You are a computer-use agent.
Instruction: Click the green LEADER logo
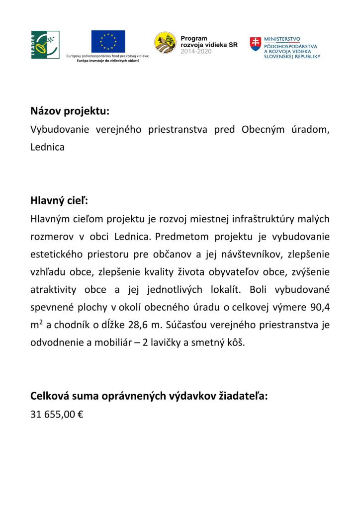tap(45, 44)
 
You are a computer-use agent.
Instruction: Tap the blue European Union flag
tap(108, 41)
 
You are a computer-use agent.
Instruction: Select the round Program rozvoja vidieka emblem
tap(165, 43)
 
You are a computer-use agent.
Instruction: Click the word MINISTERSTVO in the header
tap(284, 38)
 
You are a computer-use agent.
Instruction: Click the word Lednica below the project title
tap(48, 148)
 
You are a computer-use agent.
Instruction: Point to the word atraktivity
tap(52, 289)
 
